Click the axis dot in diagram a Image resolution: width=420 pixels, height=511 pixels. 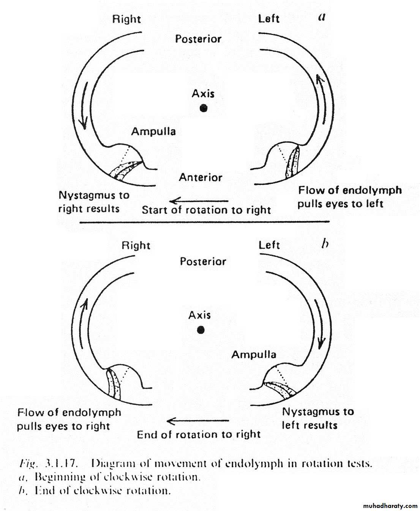point(204,108)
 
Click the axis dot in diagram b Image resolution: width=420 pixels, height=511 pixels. point(201,330)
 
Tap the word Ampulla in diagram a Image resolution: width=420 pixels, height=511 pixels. point(153,132)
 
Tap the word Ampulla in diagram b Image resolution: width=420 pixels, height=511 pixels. point(254,355)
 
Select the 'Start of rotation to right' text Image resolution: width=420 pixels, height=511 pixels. point(206,210)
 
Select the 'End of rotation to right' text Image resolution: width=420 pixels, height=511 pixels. point(199,435)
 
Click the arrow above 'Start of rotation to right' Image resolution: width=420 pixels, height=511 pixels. point(199,201)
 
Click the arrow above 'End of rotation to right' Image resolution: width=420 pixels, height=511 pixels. point(197,421)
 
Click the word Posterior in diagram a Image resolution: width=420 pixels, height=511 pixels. point(198,39)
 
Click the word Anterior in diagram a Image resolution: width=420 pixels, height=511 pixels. point(201,177)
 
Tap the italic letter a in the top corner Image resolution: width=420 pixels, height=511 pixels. point(322,17)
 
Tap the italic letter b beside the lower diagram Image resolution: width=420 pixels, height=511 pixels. point(325,244)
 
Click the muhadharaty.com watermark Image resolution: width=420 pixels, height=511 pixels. point(390,506)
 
